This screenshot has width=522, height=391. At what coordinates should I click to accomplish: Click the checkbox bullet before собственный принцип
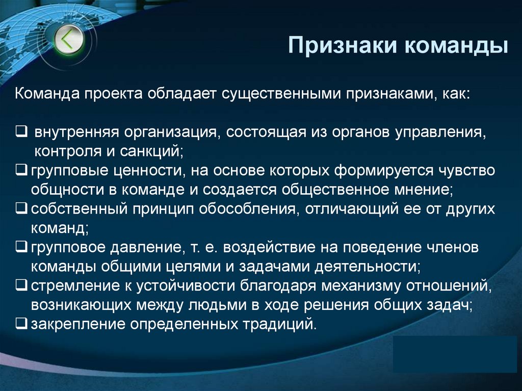click(21, 209)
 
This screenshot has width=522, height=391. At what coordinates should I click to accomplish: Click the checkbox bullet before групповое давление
click(21, 248)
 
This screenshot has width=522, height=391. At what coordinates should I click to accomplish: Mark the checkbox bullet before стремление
click(21, 286)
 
